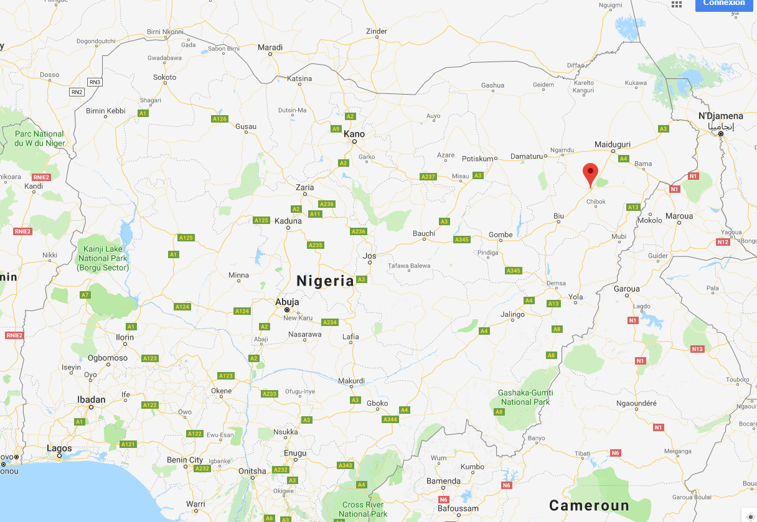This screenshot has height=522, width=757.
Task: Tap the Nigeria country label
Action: (x=325, y=281)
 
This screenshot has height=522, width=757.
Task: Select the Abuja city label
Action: (x=287, y=302)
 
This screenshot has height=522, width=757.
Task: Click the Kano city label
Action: (x=354, y=134)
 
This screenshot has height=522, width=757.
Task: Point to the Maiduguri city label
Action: (x=613, y=144)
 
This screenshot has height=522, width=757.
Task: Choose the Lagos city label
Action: (x=59, y=448)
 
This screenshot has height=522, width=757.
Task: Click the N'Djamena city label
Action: (x=720, y=116)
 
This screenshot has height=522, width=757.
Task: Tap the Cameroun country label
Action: (x=589, y=505)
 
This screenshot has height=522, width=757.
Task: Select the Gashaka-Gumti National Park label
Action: (x=525, y=397)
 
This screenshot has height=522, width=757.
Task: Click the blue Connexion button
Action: (x=724, y=4)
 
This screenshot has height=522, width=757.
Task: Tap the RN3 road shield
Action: (x=94, y=82)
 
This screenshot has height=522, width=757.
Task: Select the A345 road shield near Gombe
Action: (x=461, y=240)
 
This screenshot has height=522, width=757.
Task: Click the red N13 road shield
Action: (x=697, y=349)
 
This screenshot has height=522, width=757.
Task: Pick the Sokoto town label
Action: (x=164, y=78)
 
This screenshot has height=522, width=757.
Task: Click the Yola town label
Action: (x=576, y=297)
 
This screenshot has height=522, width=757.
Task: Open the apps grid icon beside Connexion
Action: (x=677, y=4)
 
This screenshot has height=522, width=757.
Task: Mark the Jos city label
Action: (x=370, y=256)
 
